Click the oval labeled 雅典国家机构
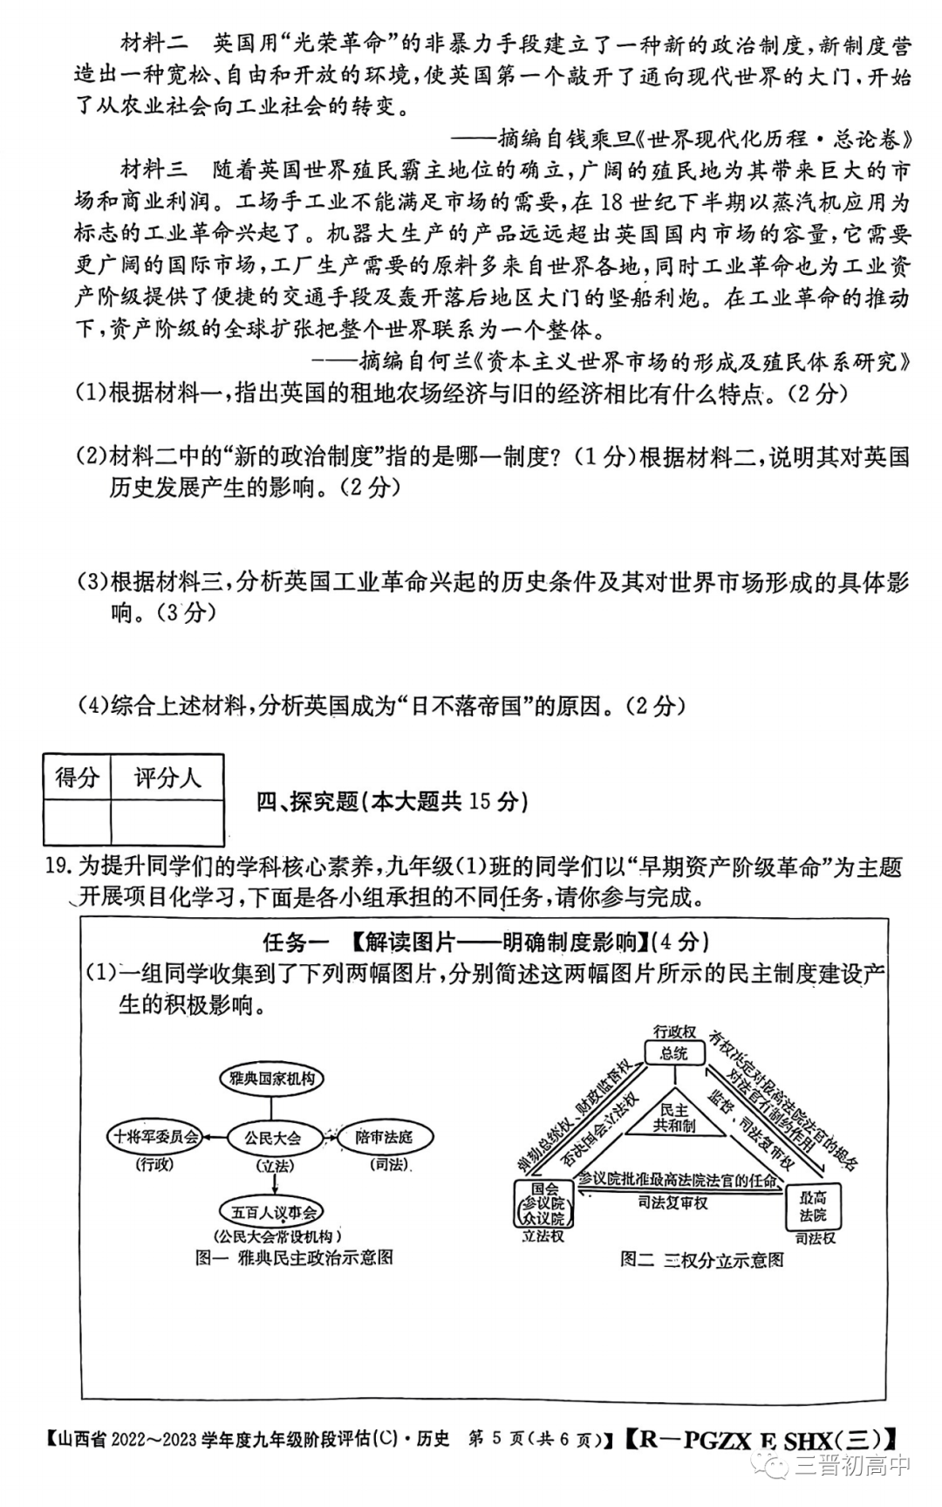click(x=271, y=1079)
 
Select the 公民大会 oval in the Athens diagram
click(x=273, y=1137)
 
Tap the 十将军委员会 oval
click(x=154, y=1137)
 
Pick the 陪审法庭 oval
click(x=384, y=1137)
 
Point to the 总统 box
click(x=673, y=1053)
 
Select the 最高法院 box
click(x=813, y=1207)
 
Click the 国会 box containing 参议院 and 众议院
click(x=545, y=1203)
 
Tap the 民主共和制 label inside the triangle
click(x=673, y=1118)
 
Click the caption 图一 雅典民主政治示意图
click(x=294, y=1257)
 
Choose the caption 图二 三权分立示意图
click(x=702, y=1259)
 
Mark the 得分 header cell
click(x=77, y=777)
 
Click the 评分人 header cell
click(x=167, y=777)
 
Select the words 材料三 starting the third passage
click(x=154, y=169)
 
